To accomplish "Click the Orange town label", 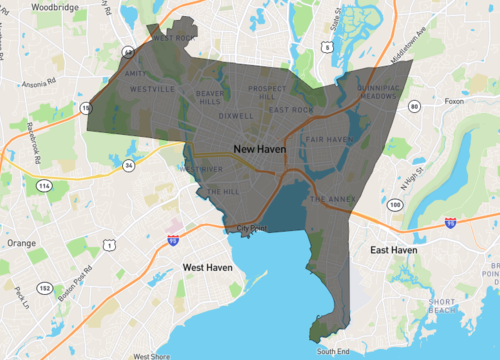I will pyautogui.click(x=20, y=242).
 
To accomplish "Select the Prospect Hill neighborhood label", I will pyautogui.click(x=268, y=93).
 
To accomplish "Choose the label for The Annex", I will pyautogui.click(x=332, y=199).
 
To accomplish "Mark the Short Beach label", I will pyautogui.click(x=442, y=305).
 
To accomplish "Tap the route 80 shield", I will pyautogui.click(x=413, y=105).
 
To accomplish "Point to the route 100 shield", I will pyautogui.click(x=396, y=205).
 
